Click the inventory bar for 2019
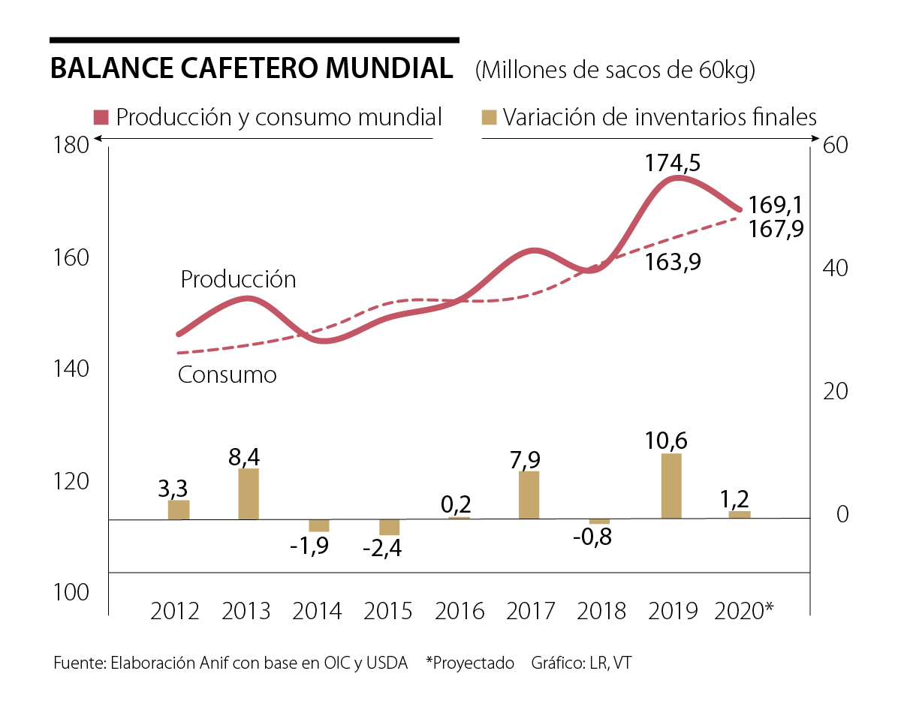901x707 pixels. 671,486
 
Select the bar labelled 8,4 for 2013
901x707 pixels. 249,493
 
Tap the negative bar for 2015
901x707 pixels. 389,527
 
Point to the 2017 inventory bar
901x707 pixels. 529,495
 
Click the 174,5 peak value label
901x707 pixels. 673,162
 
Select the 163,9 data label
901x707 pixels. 672,263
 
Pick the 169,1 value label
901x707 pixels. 776,205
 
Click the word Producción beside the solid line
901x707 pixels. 238,279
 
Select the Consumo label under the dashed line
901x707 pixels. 227,375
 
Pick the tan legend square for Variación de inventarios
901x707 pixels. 490,118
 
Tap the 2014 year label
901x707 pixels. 318,611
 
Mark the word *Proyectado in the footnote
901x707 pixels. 470,663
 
